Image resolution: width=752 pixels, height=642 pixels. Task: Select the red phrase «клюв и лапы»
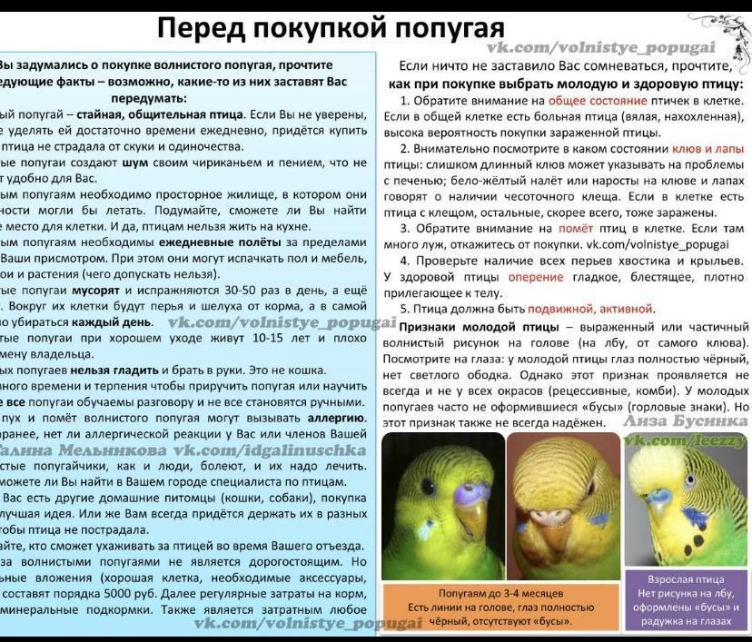pos(707,148)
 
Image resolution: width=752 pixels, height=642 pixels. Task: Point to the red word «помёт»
pos(579,229)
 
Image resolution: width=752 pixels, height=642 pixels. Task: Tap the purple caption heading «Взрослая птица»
pos(685,578)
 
